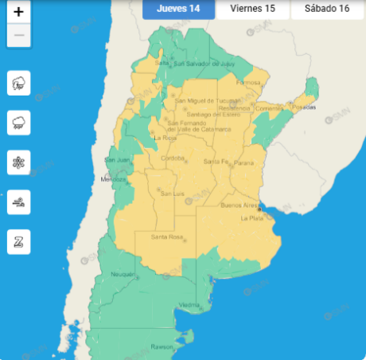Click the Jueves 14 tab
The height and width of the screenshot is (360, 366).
point(177,9)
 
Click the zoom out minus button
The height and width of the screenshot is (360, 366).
point(18,36)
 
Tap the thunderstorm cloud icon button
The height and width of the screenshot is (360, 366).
point(18,83)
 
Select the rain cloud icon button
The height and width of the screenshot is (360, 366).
point(18,123)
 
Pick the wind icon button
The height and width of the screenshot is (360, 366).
point(18,202)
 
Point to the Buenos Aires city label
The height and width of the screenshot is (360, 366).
point(238,205)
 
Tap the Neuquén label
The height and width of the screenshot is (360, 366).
point(122,273)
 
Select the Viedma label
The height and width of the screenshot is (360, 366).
point(189,305)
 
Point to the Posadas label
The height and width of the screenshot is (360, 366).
point(305,106)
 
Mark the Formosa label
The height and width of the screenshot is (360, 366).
point(249,81)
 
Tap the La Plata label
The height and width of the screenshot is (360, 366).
point(251,217)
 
